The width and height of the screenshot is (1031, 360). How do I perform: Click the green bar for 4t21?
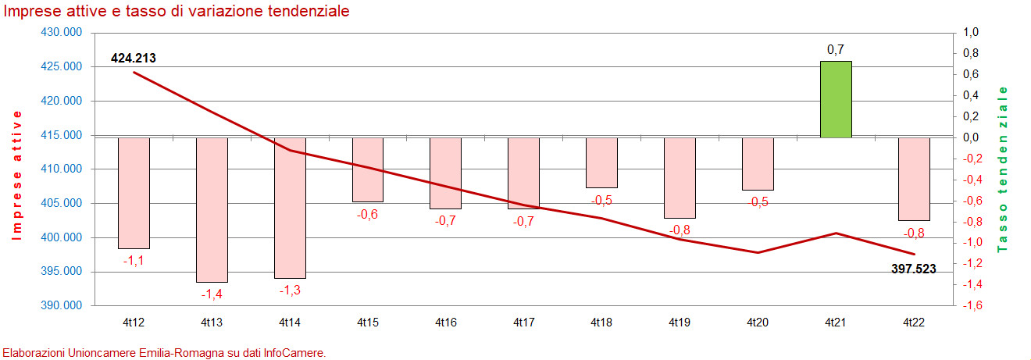836,99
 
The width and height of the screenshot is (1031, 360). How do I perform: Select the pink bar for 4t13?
212,209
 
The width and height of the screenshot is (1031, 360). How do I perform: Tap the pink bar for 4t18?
601,162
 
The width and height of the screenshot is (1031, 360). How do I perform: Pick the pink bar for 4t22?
914,179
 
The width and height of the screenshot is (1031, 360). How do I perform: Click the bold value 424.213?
134,57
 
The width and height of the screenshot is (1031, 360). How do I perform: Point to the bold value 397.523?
913,269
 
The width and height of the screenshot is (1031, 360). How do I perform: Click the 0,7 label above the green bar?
835,50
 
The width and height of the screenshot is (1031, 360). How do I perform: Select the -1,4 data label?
212,294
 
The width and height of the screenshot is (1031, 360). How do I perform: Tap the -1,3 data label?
290,290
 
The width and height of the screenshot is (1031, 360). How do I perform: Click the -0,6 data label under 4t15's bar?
367,215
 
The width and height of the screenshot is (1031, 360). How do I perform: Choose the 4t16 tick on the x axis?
445,322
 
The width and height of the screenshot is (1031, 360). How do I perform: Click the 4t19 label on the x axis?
680,322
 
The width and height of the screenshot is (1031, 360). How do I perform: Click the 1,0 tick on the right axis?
972,33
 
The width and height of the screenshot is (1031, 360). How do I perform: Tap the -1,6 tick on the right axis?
970,305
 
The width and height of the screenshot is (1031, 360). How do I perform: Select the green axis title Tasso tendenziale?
1004,169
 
